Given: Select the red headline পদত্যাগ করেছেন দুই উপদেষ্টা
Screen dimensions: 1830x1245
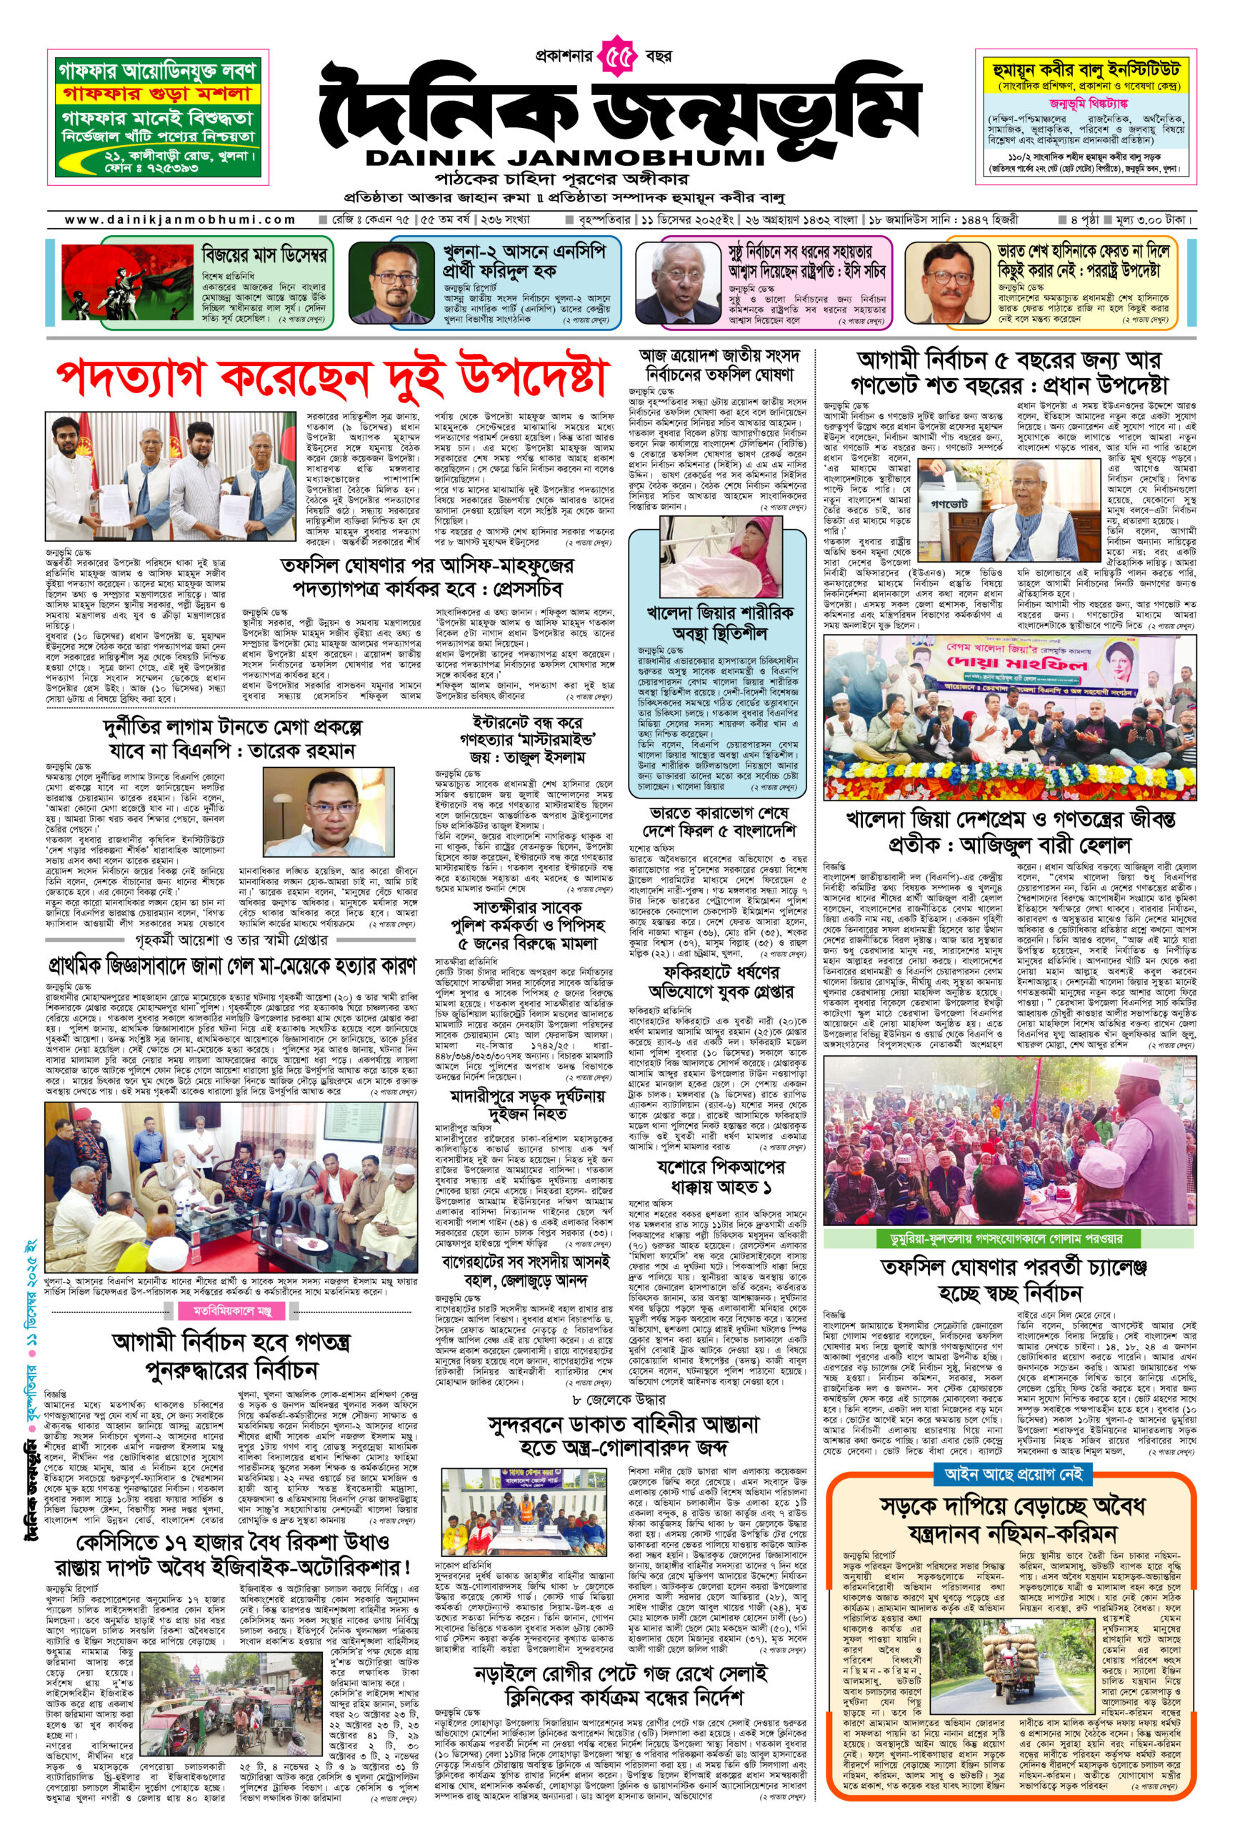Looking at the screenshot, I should coord(332,378).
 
